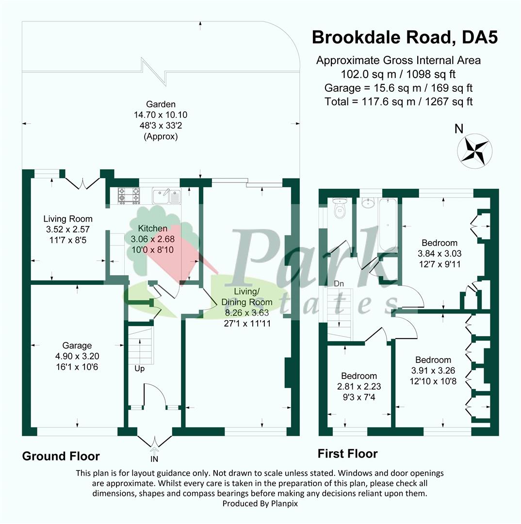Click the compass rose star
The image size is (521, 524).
point(474,151)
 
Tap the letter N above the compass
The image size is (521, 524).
point(459,129)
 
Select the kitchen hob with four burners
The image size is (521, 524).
point(129,196)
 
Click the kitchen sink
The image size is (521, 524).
point(166,196)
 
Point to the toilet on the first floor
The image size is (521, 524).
point(340,208)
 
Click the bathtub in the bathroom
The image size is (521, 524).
point(388,225)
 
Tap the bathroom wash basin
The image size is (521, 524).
point(369,202)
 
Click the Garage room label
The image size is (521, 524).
point(77,345)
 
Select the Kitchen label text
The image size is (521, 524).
point(153,229)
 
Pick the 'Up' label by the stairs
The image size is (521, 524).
point(139,369)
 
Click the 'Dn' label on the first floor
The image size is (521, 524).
point(339,284)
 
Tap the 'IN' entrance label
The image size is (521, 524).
point(154,459)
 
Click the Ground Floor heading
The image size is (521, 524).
point(61,456)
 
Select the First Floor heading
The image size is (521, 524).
point(347,454)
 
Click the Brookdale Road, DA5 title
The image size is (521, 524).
point(405,37)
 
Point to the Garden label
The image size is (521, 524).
point(161,104)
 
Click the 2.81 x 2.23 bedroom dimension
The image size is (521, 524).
point(359,386)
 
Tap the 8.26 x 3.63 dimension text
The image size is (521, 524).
point(247,313)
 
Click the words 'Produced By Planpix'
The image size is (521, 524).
point(260,503)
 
